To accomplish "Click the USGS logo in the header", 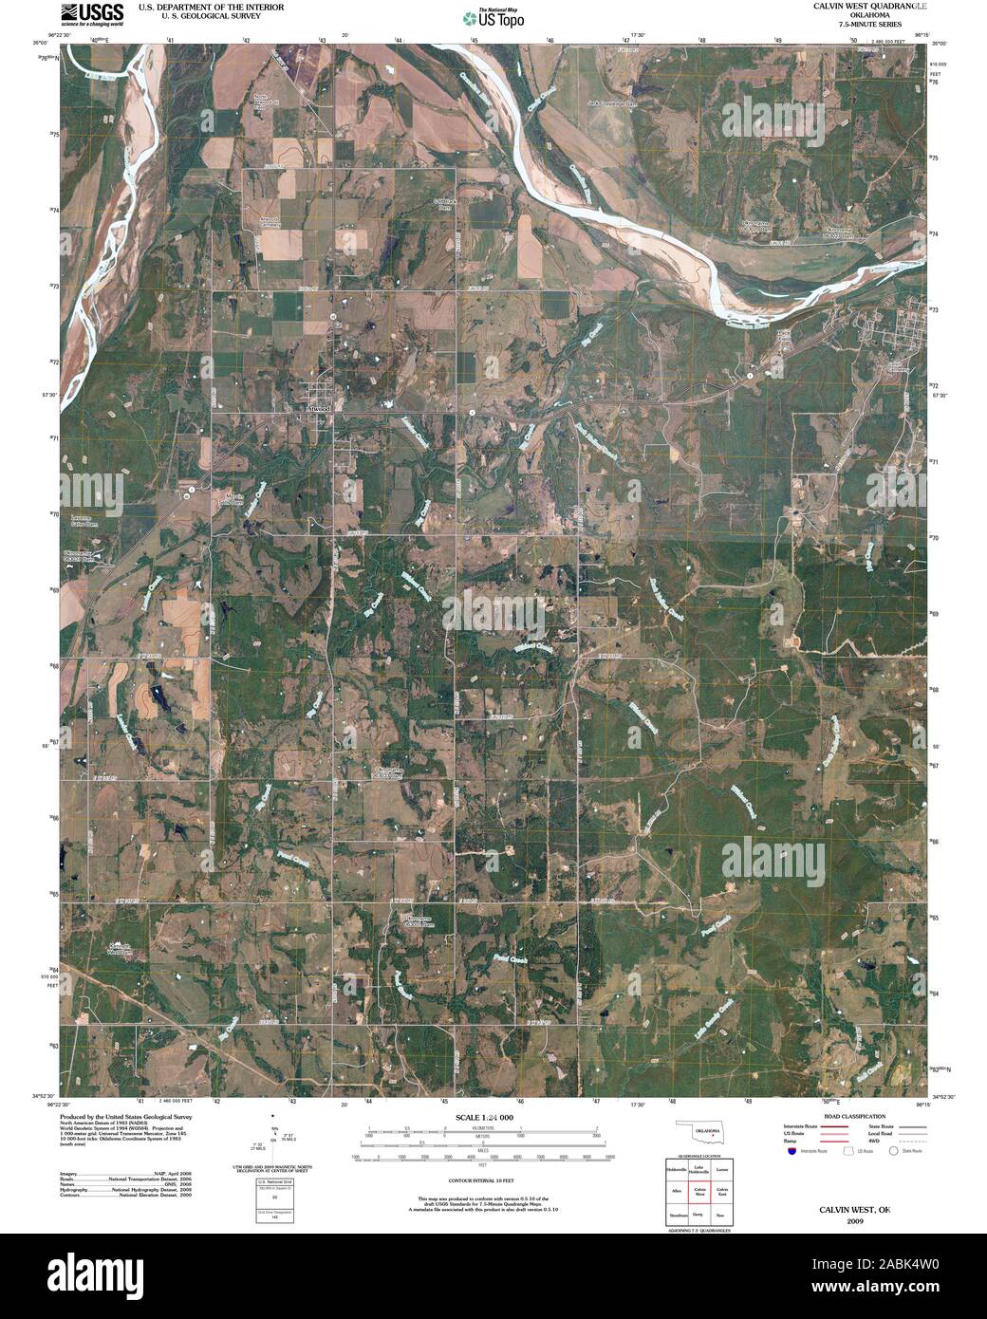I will click(x=93, y=14).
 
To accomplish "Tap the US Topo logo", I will click(x=493, y=17).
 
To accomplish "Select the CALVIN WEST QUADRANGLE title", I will click(x=856, y=6).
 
